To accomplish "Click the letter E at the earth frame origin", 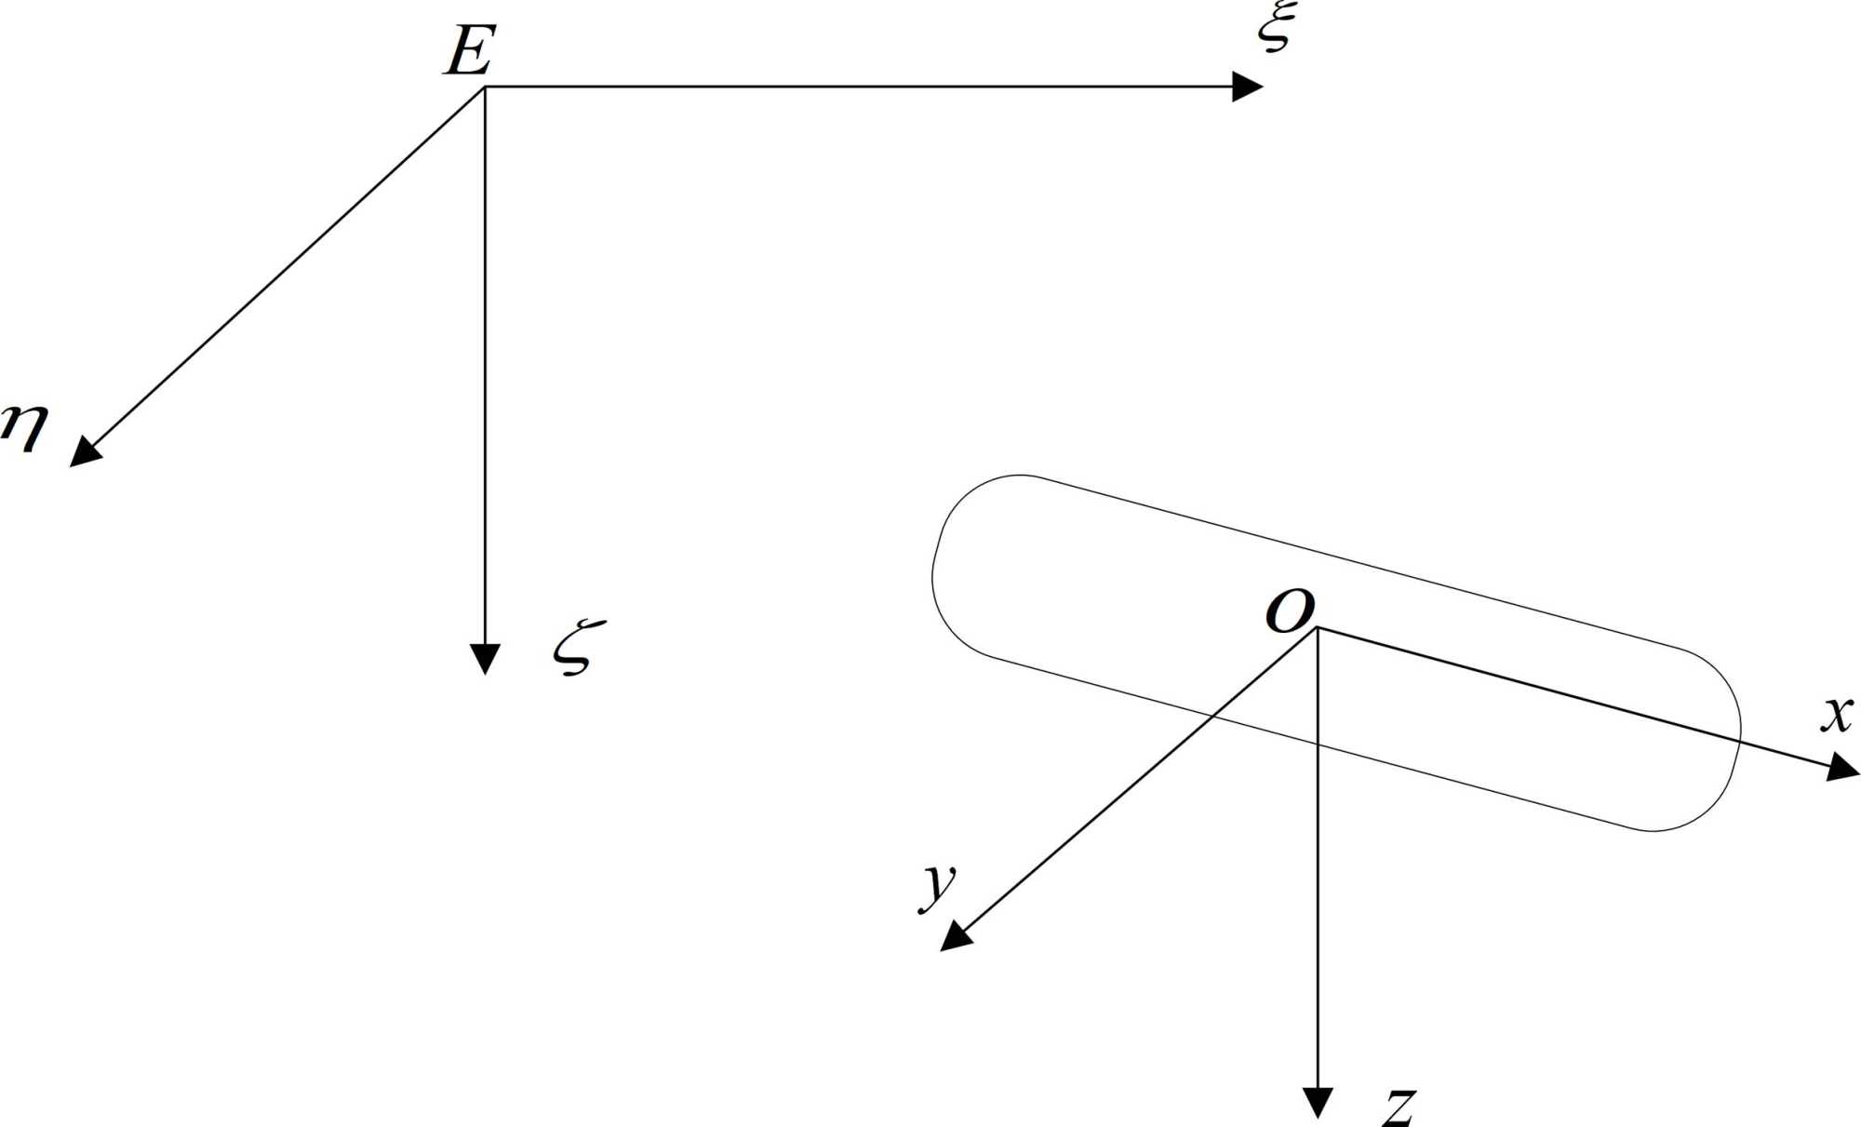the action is [469, 50].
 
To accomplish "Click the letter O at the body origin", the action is [1291, 611].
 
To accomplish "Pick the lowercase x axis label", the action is [1837, 715].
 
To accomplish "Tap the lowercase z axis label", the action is [1399, 1107].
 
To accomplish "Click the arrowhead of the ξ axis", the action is [1248, 87].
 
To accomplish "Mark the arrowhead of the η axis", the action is [85, 452].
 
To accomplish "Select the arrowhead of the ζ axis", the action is [485, 658].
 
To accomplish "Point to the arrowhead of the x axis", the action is [1843, 768].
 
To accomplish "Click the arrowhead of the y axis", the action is [955, 936].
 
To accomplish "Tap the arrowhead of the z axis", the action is [1318, 1103].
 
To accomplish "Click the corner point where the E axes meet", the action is [485, 87].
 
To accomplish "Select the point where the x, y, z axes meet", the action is [1318, 628].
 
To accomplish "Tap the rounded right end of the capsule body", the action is [1739, 735].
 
